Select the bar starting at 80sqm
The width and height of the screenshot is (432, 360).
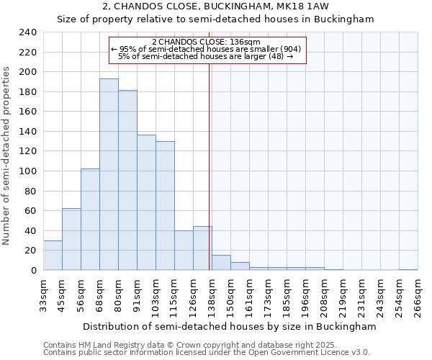127,180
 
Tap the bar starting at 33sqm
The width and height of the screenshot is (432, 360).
53,255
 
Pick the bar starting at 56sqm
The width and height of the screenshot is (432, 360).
90,220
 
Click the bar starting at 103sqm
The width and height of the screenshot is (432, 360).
165,205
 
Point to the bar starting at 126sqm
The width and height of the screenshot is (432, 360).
202,248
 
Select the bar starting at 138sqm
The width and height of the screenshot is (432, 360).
221,263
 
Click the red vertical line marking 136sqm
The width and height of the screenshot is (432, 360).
209,180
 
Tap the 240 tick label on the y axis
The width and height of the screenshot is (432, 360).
28,32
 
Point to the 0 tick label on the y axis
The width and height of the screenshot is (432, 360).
33,270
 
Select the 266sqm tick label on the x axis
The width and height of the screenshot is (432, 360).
417,295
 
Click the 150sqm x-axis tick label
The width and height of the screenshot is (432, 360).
230,295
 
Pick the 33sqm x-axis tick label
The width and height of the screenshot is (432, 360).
42,295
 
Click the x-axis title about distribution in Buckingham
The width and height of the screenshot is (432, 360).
230,326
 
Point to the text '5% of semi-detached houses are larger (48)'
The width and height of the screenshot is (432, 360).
205,56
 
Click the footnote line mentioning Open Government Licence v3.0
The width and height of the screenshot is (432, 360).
207,353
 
